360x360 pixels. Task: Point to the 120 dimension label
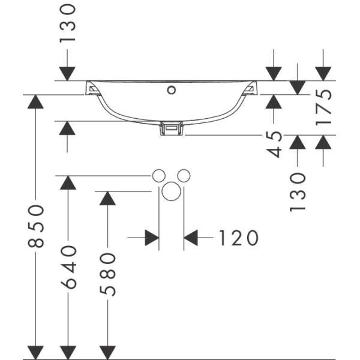click(x=237, y=238)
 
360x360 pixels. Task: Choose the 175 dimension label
click(x=323, y=107)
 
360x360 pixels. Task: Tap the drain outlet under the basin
click(x=172, y=129)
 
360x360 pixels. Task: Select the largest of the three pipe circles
click(x=171, y=193)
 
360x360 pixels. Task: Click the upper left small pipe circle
click(x=158, y=175)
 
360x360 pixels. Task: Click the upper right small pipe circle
click(x=184, y=175)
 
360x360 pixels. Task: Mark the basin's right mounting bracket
click(x=250, y=89)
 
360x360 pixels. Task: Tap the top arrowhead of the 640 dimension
click(x=69, y=184)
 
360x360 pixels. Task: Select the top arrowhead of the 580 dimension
click(x=107, y=199)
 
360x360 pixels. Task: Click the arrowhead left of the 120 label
click(x=151, y=238)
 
